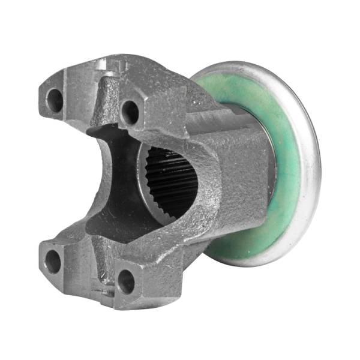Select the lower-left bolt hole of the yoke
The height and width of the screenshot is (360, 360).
pos(53,260)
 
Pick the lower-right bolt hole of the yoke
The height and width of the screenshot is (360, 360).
pos(126,281)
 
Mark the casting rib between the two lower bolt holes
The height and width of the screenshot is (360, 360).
pos(96,273)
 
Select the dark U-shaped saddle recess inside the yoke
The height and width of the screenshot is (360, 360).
pos(114,180)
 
